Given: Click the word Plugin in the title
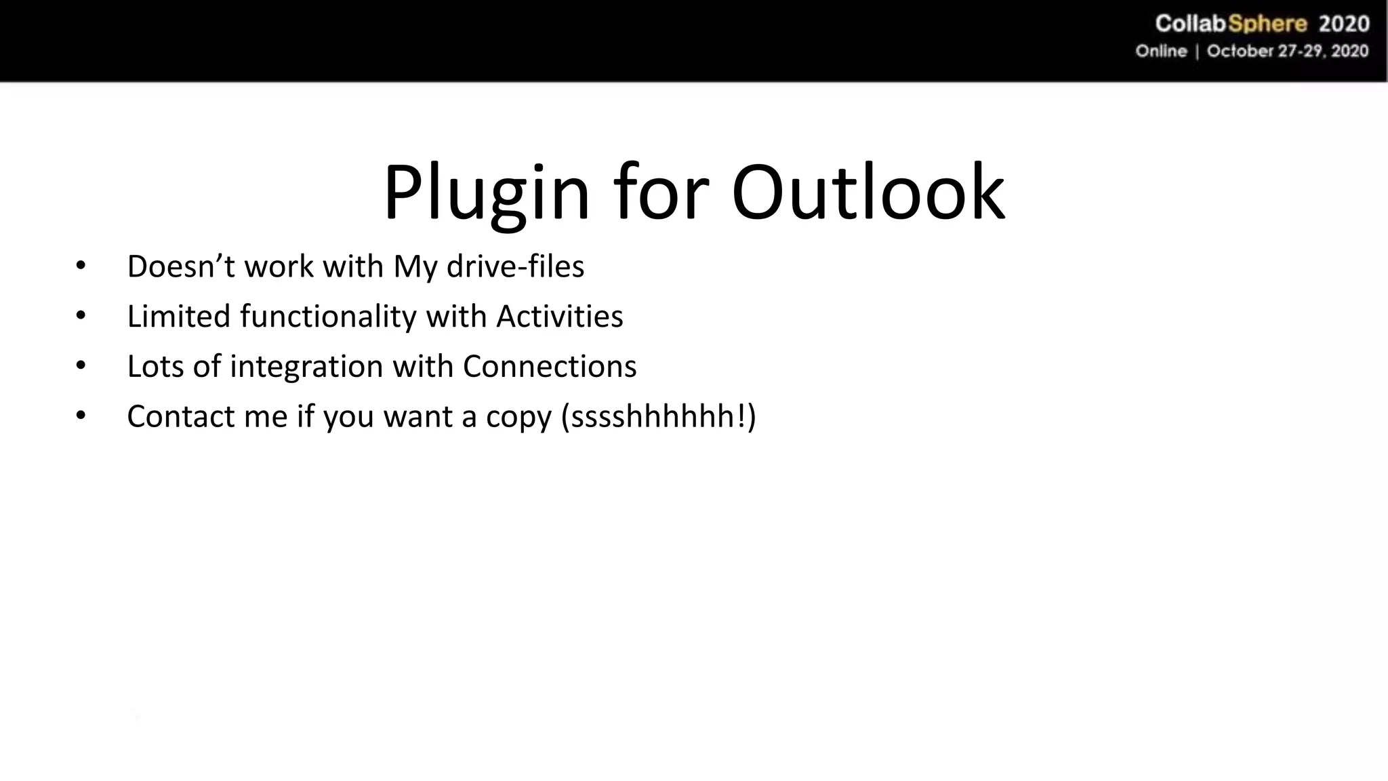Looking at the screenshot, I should [487, 194].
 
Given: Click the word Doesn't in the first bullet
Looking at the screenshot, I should [181, 266].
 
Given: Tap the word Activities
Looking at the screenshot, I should [559, 317].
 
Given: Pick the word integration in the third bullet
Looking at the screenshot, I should [306, 367].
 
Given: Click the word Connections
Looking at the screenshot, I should [550, 367].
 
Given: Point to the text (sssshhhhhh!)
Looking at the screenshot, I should [658, 416].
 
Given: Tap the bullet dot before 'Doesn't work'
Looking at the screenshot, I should [81, 266].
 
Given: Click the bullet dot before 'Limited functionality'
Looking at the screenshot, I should [81, 316].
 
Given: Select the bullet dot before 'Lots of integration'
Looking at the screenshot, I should [81, 366].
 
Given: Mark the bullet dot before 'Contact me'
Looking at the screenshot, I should [81, 416].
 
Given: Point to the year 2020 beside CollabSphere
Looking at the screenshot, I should [1344, 24].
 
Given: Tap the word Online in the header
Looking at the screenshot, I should [1161, 52].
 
